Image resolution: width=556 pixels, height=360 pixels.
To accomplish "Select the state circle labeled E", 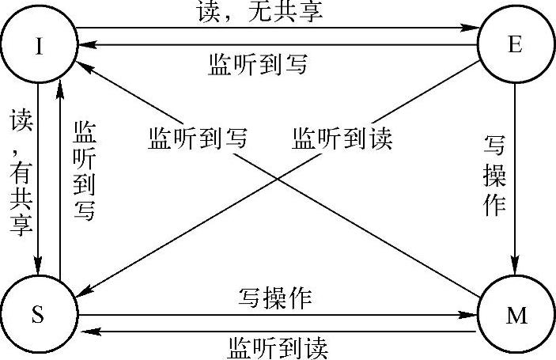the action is [x=513, y=45].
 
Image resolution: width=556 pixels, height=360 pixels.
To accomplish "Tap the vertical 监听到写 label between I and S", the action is [x=83, y=171].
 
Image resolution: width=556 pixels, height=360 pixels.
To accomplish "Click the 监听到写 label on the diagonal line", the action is [x=198, y=138].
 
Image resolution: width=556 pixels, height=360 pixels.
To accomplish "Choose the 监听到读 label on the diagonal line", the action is [x=342, y=138].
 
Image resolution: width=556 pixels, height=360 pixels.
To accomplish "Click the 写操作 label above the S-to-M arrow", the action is [x=276, y=298].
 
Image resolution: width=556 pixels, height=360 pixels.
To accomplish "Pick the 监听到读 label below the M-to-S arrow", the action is [x=276, y=347].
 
